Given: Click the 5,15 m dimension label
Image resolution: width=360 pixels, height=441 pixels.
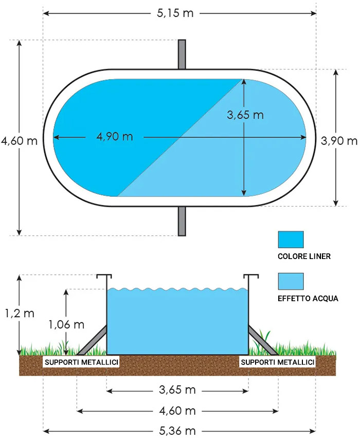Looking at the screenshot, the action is [x=175, y=13].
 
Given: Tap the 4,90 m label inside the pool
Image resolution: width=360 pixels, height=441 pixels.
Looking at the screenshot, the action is [x=115, y=137].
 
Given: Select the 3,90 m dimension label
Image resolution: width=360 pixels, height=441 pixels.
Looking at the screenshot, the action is [x=339, y=141].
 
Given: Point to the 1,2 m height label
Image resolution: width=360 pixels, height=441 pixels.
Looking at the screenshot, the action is [x=20, y=313].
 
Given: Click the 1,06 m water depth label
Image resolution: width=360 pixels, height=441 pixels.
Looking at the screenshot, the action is [x=66, y=324].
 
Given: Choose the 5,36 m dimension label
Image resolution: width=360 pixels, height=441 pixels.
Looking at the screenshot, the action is [x=177, y=431].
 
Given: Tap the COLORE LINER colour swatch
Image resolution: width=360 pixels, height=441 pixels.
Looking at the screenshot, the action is [x=291, y=240].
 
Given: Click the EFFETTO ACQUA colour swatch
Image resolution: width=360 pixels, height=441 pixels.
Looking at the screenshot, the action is [x=291, y=281].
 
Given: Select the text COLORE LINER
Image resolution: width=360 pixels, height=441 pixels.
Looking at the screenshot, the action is [x=304, y=256].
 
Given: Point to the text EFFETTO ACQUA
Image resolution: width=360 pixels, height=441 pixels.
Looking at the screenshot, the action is [x=308, y=299].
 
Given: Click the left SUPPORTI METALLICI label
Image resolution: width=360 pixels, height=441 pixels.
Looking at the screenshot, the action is [x=81, y=362].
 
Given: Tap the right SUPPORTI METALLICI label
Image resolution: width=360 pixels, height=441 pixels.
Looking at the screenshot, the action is [x=278, y=362].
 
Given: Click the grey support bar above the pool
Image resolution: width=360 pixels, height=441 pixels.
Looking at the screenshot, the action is [x=182, y=54].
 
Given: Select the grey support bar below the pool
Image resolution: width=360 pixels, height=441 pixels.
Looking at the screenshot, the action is [x=182, y=221].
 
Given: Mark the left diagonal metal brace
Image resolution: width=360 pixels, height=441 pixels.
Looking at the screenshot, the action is [x=92, y=340].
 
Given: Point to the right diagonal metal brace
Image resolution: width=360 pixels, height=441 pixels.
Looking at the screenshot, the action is [x=263, y=340].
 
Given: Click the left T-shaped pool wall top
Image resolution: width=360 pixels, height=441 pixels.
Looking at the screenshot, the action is [x=104, y=276].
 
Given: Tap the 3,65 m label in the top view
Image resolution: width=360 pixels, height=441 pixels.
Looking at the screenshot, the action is [x=245, y=115].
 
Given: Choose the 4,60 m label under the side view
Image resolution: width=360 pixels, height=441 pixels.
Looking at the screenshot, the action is [x=177, y=411].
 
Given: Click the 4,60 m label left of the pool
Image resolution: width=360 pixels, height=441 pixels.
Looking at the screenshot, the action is [x=19, y=141].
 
